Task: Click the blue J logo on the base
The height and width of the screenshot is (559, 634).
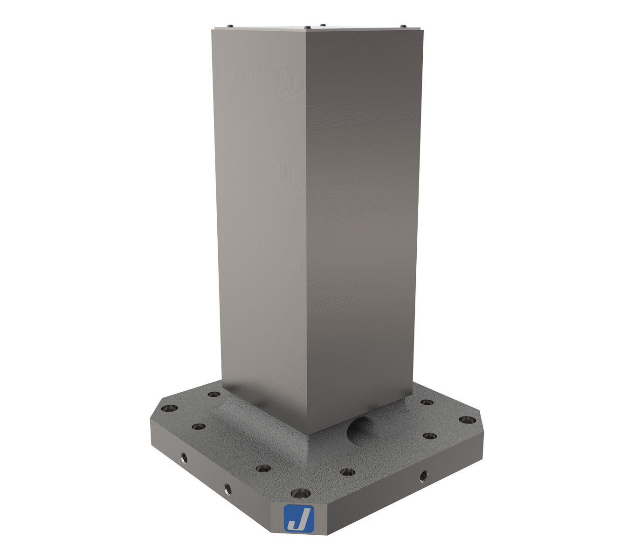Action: (x=299, y=518)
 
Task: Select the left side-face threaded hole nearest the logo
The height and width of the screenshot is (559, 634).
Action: (x=228, y=489)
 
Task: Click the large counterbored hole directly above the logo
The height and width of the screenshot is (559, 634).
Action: (x=299, y=492)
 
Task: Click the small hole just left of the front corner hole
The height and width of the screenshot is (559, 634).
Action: (x=263, y=468)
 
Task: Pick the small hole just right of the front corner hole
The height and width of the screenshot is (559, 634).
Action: (x=346, y=472)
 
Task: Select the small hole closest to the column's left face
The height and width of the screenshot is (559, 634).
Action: (x=214, y=394)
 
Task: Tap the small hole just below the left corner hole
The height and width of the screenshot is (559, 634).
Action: (x=199, y=426)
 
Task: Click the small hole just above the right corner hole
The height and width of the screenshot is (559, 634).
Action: (x=426, y=402)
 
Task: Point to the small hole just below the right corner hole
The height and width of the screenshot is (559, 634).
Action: (x=430, y=436)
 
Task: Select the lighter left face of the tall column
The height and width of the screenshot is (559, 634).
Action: (x=261, y=210)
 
